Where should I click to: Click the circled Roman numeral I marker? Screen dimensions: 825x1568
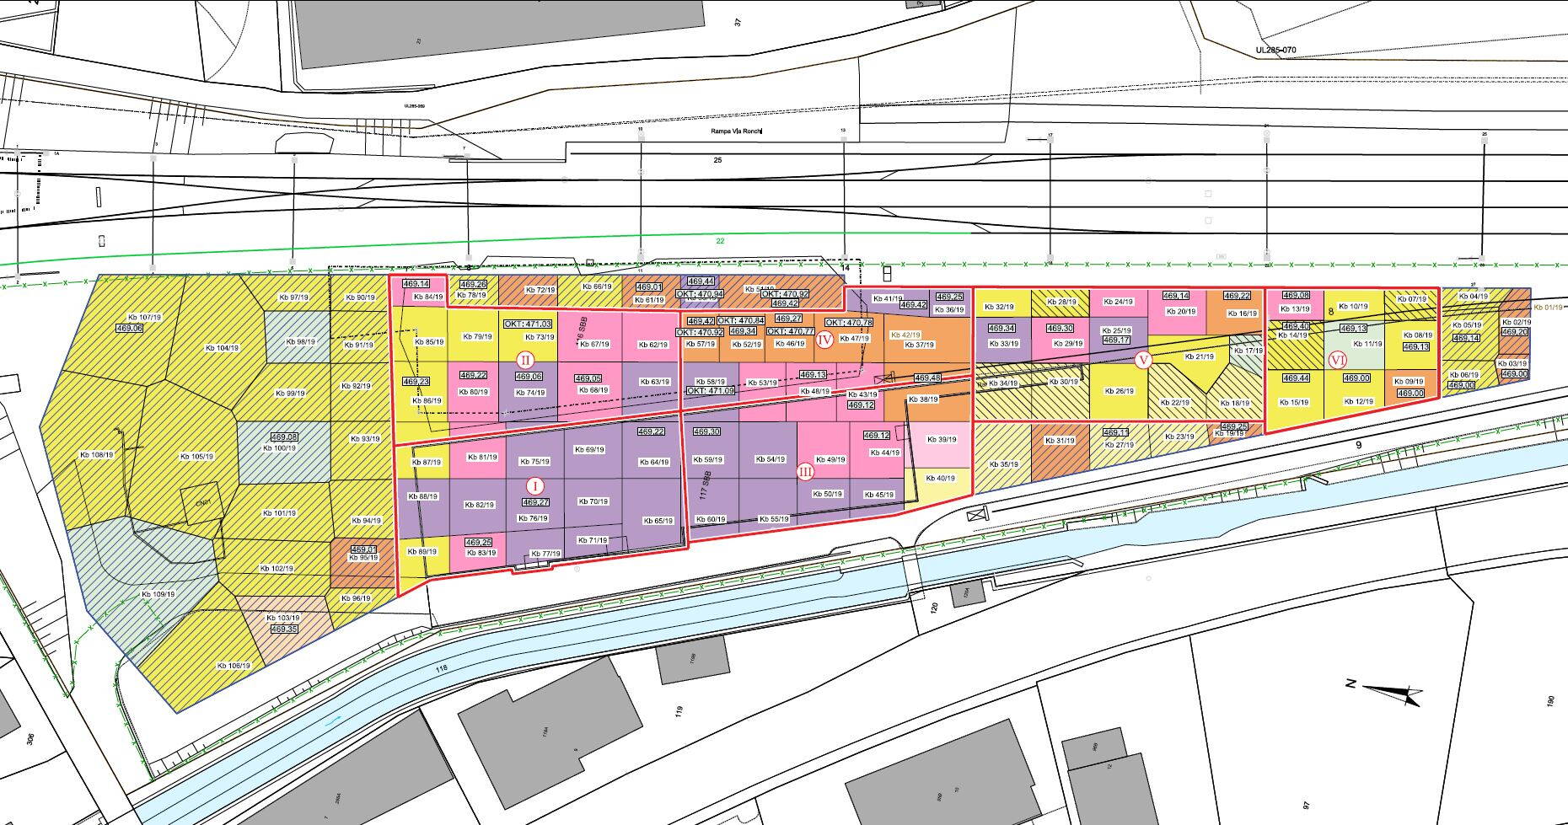[x=534, y=486]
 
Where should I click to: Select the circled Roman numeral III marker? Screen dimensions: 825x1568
[x=806, y=472]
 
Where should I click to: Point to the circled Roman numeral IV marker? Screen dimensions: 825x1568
[x=824, y=340]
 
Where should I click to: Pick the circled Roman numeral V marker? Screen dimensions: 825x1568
[x=1143, y=361]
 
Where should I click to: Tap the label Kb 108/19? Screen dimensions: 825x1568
[x=96, y=455]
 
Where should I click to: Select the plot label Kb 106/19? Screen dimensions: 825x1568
[x=234, y=666]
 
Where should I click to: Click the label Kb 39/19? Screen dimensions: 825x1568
[x=941, y=439]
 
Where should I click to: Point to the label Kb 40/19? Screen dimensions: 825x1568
[x=941, y=479]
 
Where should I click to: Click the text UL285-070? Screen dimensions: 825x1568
[x=1275, y=51]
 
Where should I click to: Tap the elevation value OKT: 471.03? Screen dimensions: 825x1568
[x=528, y=324]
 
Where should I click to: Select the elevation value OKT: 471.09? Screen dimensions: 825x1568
[x=710, y=391]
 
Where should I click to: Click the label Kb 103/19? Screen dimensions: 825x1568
[x=282, y=618]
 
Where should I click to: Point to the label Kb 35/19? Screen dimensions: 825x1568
[x=1003, y=464]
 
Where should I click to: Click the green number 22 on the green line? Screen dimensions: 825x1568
[x=720, y=242]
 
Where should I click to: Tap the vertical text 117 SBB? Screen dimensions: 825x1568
[x=702, y=488]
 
